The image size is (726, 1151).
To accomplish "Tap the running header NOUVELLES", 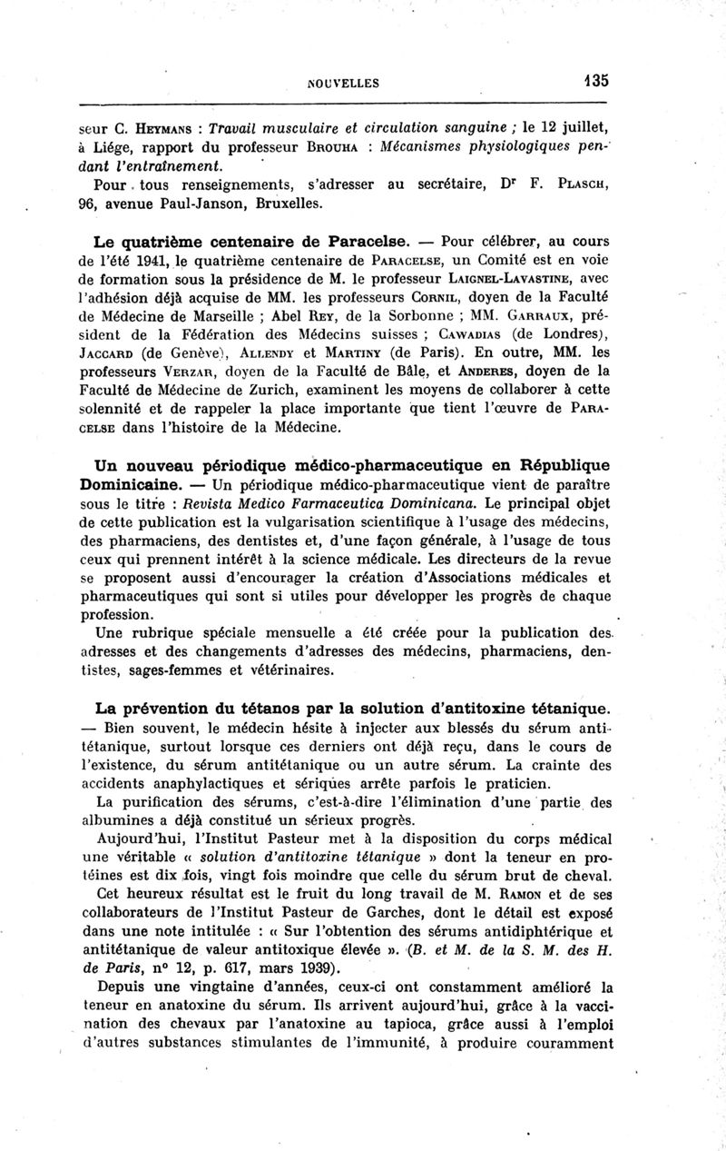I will [x=343, y=83].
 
